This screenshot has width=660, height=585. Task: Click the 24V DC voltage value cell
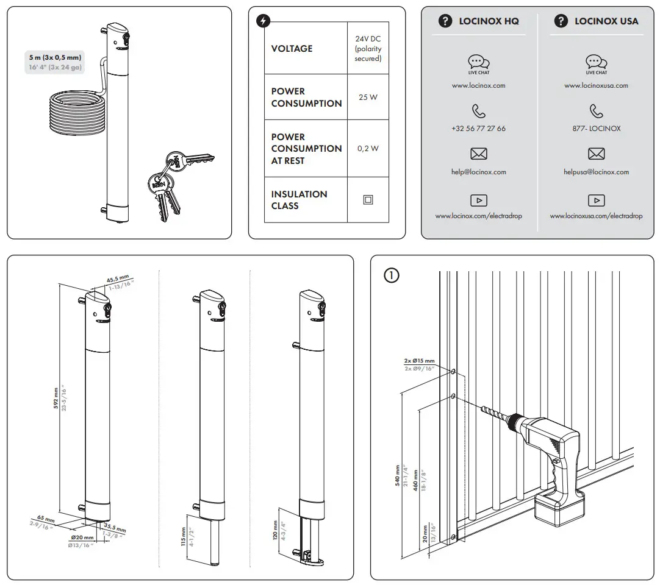368,49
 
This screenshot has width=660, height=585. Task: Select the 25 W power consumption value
368,97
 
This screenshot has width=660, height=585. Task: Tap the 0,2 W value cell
368,148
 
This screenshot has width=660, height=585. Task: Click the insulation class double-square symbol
368,200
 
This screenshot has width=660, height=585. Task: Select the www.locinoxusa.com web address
596,86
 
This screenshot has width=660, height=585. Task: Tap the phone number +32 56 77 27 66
479,129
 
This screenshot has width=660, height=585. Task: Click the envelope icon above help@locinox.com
479,154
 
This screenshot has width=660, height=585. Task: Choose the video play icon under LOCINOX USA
596,200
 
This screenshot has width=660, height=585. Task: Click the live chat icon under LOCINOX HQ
479,62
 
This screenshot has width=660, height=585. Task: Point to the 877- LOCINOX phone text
596,129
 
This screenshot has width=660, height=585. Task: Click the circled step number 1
391,275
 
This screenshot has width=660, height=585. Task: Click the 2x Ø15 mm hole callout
419,361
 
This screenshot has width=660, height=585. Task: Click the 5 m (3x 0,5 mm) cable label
55,57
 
